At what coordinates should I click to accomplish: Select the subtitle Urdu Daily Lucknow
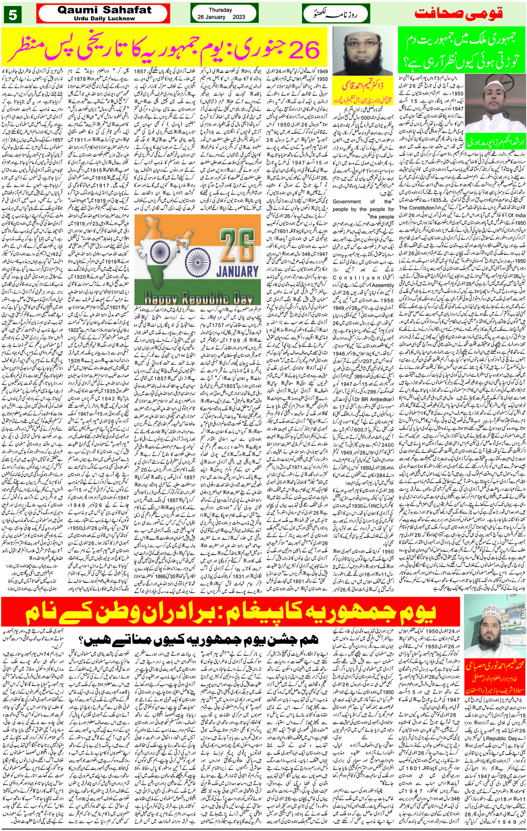(104, 18)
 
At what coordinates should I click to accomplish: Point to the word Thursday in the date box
(220, 10)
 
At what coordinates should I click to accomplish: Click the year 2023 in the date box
(240, 17)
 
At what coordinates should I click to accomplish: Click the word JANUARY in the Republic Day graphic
(237, 271)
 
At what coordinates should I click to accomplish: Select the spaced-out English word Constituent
(363, 277)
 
